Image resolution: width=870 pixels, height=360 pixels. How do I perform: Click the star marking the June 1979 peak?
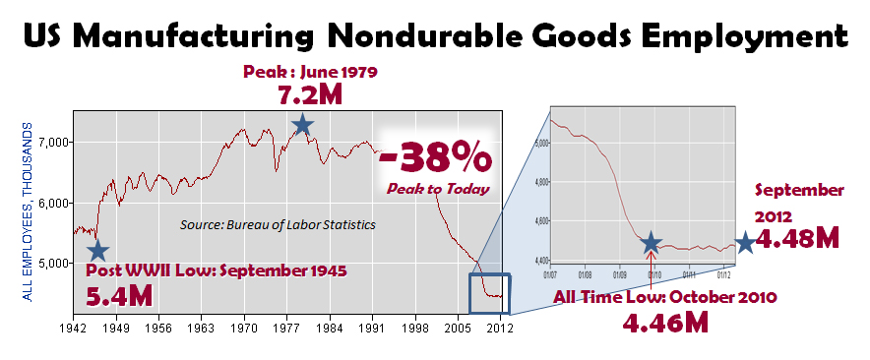[303, 124]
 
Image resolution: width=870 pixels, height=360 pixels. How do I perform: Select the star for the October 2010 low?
[651, 243]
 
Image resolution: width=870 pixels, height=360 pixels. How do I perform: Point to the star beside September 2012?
[745, 242]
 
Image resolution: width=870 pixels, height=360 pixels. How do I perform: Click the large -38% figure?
[434, 156]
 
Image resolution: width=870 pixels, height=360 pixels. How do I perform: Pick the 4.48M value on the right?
[800, 239]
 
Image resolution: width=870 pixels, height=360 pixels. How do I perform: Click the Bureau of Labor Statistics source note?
[278, 224]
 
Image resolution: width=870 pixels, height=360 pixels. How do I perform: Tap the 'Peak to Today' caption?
[434, 188]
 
